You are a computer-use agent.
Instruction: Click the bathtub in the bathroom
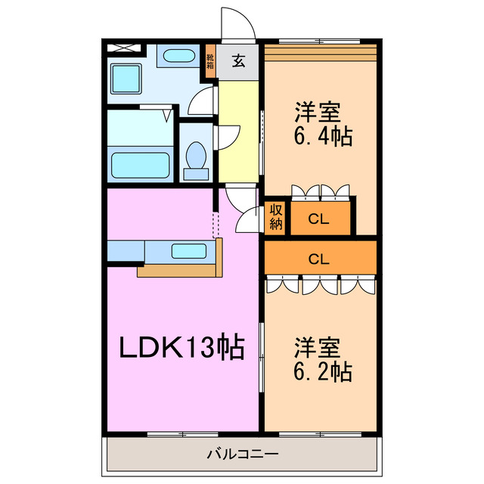(x=140, y=163)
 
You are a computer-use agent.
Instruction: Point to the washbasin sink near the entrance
(x=178, y=56)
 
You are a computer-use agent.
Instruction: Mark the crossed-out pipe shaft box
(x=124, y=48)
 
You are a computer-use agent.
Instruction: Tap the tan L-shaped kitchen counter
(x=181, y=269)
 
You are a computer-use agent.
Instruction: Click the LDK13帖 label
(x=182, y=347)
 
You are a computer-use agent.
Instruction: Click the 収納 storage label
(x=276, y=217)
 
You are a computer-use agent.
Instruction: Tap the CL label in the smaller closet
(x=319, y=220)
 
